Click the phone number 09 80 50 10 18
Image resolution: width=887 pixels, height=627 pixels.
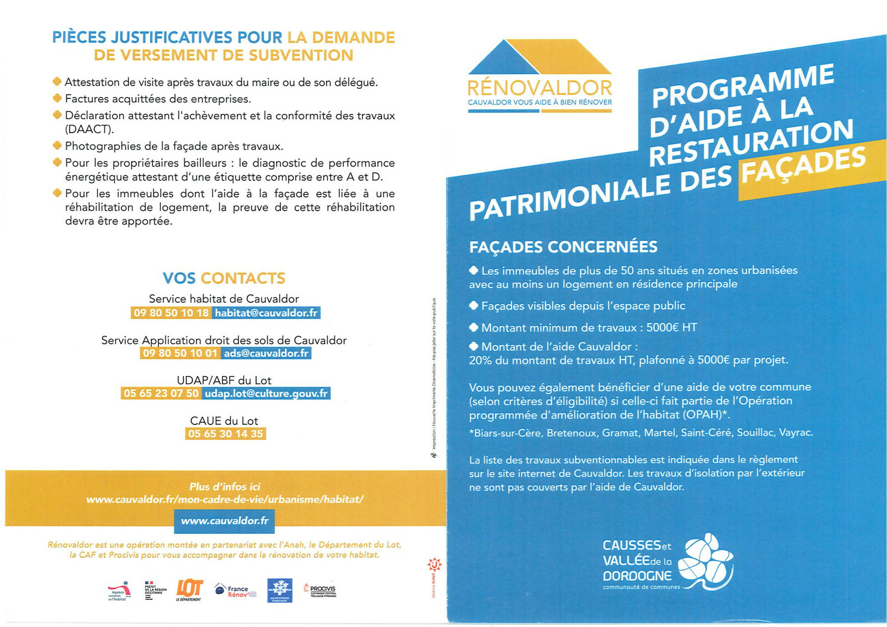171,313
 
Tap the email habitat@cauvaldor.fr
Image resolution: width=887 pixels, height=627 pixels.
266,313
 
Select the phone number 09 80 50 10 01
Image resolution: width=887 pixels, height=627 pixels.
180,353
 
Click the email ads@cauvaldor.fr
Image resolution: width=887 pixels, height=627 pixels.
266,353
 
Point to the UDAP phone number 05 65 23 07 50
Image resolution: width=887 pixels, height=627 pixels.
161,393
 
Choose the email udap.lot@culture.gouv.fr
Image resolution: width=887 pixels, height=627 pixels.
266,393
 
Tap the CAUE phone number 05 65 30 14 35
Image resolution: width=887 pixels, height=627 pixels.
225,434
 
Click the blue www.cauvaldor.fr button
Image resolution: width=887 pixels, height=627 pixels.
225,521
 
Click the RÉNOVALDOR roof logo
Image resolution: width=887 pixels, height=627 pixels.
539,57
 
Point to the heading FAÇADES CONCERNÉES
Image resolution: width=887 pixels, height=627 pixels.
563,247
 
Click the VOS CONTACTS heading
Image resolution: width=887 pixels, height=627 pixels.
224,278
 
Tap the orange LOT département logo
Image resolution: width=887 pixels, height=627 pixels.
189,590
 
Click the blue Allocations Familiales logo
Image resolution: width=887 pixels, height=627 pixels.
280,590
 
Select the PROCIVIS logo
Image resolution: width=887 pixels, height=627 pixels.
320,589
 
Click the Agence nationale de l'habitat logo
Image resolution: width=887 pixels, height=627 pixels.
119,591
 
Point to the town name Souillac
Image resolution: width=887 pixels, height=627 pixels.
755,433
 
